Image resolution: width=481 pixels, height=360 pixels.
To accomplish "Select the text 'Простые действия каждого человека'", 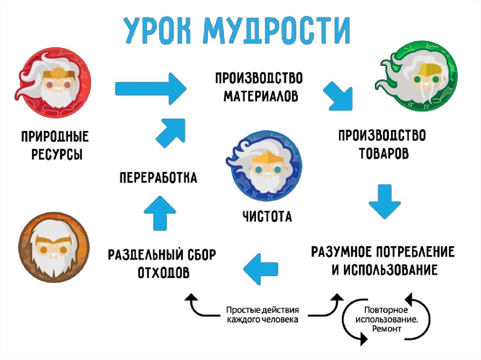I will [262, 315].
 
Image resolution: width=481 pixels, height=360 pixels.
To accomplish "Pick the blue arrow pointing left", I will [261, 268].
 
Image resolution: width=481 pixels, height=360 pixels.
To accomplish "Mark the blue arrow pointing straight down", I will [384, 201].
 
